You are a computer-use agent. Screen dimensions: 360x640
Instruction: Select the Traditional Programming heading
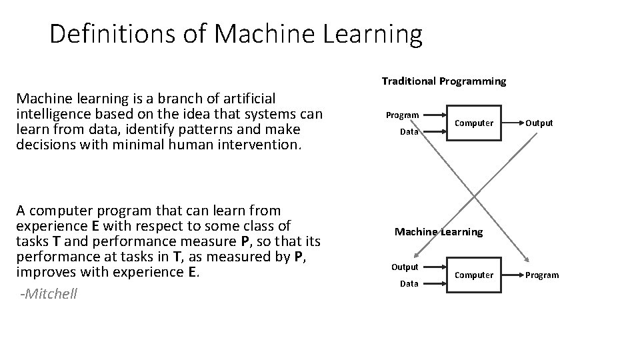(444, 81)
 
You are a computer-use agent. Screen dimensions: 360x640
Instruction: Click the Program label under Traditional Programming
(403, 115)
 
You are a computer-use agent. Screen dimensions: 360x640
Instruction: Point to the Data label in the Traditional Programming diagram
(409, 132)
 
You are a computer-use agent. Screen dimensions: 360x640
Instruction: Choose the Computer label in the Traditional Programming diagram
(474, 123)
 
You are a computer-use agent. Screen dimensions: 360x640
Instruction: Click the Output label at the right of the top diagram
(539, 123)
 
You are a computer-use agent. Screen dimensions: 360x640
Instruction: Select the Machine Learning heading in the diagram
(439, 232)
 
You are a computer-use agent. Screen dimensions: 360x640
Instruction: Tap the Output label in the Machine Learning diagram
(405, 267)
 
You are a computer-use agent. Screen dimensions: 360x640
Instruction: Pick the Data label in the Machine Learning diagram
(409, 284)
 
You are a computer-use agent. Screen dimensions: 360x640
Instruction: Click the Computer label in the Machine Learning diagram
(474, 275)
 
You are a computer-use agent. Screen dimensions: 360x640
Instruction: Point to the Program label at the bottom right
(542, 275)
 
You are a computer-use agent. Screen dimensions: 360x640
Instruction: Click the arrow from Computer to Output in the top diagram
(512, 123)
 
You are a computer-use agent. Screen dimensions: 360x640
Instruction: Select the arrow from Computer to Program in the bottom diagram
(512, 275)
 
